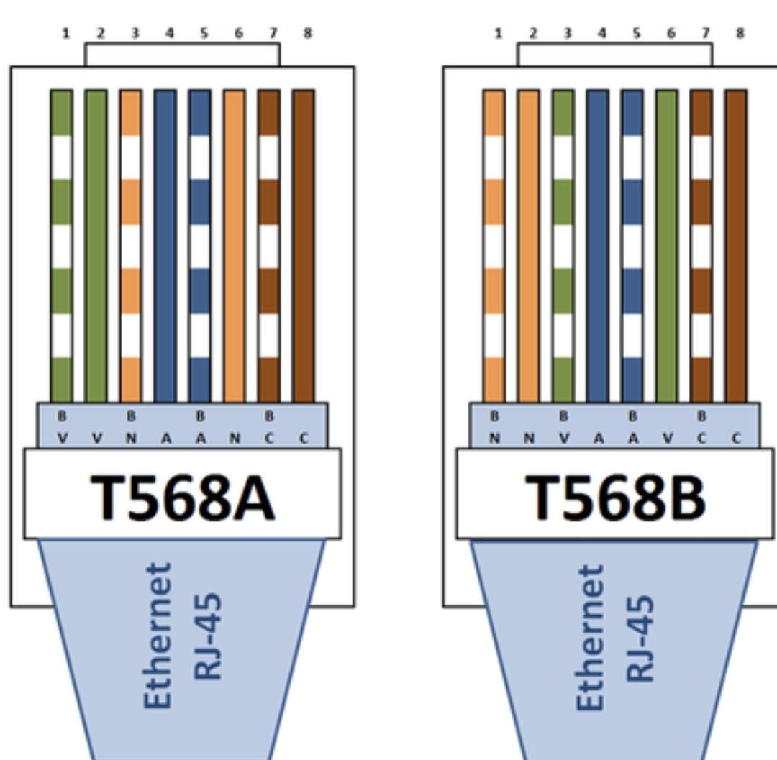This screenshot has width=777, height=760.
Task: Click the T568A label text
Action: coord(182,497)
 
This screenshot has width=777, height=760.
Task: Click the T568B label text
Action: coord(615,497)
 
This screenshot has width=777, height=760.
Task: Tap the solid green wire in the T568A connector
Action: coord(96,244)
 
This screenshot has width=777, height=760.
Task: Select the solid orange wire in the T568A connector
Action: coord(235,244)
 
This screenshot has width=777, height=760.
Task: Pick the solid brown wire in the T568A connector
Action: coord(304,244)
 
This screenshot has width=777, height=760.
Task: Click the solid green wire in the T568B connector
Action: coord(667,244)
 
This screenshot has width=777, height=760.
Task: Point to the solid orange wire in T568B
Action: coord(528,244)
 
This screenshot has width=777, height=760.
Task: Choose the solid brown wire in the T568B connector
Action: coord(736,244)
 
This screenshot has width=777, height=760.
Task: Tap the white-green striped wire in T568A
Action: coord(61,244)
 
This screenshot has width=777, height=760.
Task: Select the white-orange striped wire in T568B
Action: coord(494,244)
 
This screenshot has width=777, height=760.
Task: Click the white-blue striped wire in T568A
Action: coord(200,244)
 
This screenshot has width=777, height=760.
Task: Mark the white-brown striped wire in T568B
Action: coord(701,244)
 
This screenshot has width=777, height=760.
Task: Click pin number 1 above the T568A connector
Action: coord(65,33)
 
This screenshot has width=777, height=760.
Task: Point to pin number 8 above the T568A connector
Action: coord(308,33)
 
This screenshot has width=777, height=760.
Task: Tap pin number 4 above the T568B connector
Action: coord(602,33)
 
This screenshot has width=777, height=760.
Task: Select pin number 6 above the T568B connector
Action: coord(671,33)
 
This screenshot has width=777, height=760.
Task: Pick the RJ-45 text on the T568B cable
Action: coord(639,637)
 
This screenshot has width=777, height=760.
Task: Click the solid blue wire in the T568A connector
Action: coord(165,244)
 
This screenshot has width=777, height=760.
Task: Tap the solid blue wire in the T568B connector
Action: coord(597,244)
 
